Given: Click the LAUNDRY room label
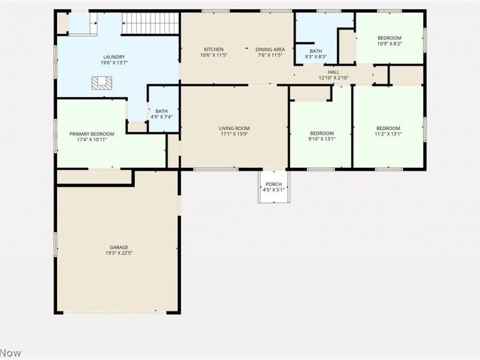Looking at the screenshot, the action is point(114,57).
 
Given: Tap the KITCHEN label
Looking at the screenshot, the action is point(214,49).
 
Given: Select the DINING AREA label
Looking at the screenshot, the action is point(270,49).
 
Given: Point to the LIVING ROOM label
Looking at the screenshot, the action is point(234,128).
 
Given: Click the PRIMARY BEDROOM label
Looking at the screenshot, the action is point(92,134).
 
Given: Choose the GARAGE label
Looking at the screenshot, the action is point(119,247).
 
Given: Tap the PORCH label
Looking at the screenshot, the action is point(274,184).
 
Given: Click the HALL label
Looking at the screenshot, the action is point(334,72).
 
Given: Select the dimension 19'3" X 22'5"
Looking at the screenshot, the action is point(119,253).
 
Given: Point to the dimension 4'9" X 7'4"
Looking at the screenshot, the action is point(161,117).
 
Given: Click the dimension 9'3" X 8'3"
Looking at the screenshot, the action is point(316,56).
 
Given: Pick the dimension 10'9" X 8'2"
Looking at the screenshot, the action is point(389,44).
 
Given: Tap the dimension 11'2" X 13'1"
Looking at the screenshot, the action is point(388,134).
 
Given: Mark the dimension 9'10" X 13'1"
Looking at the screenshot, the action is point(322,139).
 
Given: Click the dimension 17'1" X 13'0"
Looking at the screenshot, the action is point(234,134).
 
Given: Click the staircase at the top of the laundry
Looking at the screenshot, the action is point(150,23).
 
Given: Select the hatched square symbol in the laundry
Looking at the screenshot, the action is point(101,83).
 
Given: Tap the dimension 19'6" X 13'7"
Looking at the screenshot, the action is point(114,63).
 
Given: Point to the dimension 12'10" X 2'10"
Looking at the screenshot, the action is point(334,78).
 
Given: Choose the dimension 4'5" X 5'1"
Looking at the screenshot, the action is point(274,190).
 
